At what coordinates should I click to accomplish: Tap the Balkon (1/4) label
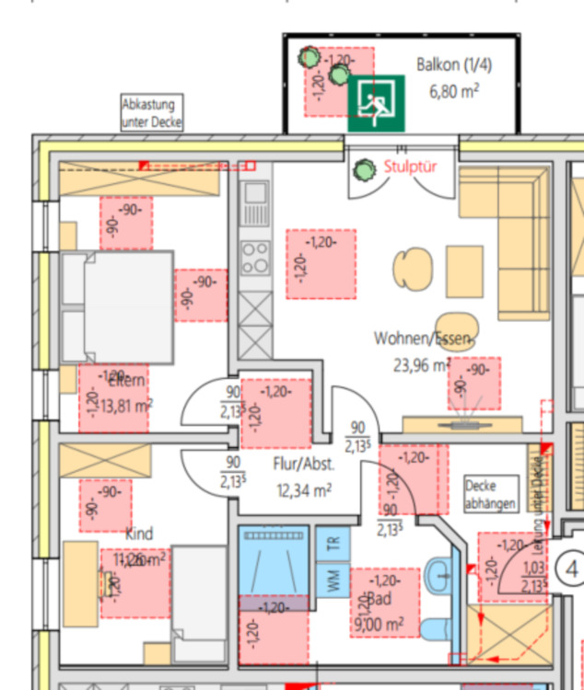(454, 65)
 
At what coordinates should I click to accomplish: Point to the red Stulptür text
(410, 168)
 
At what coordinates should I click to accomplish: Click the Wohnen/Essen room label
(422, 339)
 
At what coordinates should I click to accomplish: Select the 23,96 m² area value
(422, 365)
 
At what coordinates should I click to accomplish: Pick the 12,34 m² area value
(304, 490)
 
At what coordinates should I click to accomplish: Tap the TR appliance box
(333, 544)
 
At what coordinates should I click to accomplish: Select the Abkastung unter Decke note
(153, 113)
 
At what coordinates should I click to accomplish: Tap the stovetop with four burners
(254, 257)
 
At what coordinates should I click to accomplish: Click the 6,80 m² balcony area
(453, 91)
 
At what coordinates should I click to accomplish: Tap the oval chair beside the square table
(411, 270)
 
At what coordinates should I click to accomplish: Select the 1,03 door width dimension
(533, 569)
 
